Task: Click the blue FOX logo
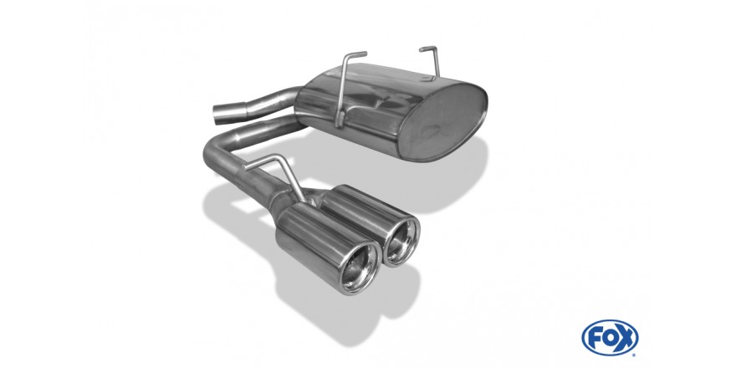610,338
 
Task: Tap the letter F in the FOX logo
595,338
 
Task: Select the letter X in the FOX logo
626,338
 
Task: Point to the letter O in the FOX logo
610,338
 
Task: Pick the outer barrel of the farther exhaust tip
361,216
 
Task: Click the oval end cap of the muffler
442,122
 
